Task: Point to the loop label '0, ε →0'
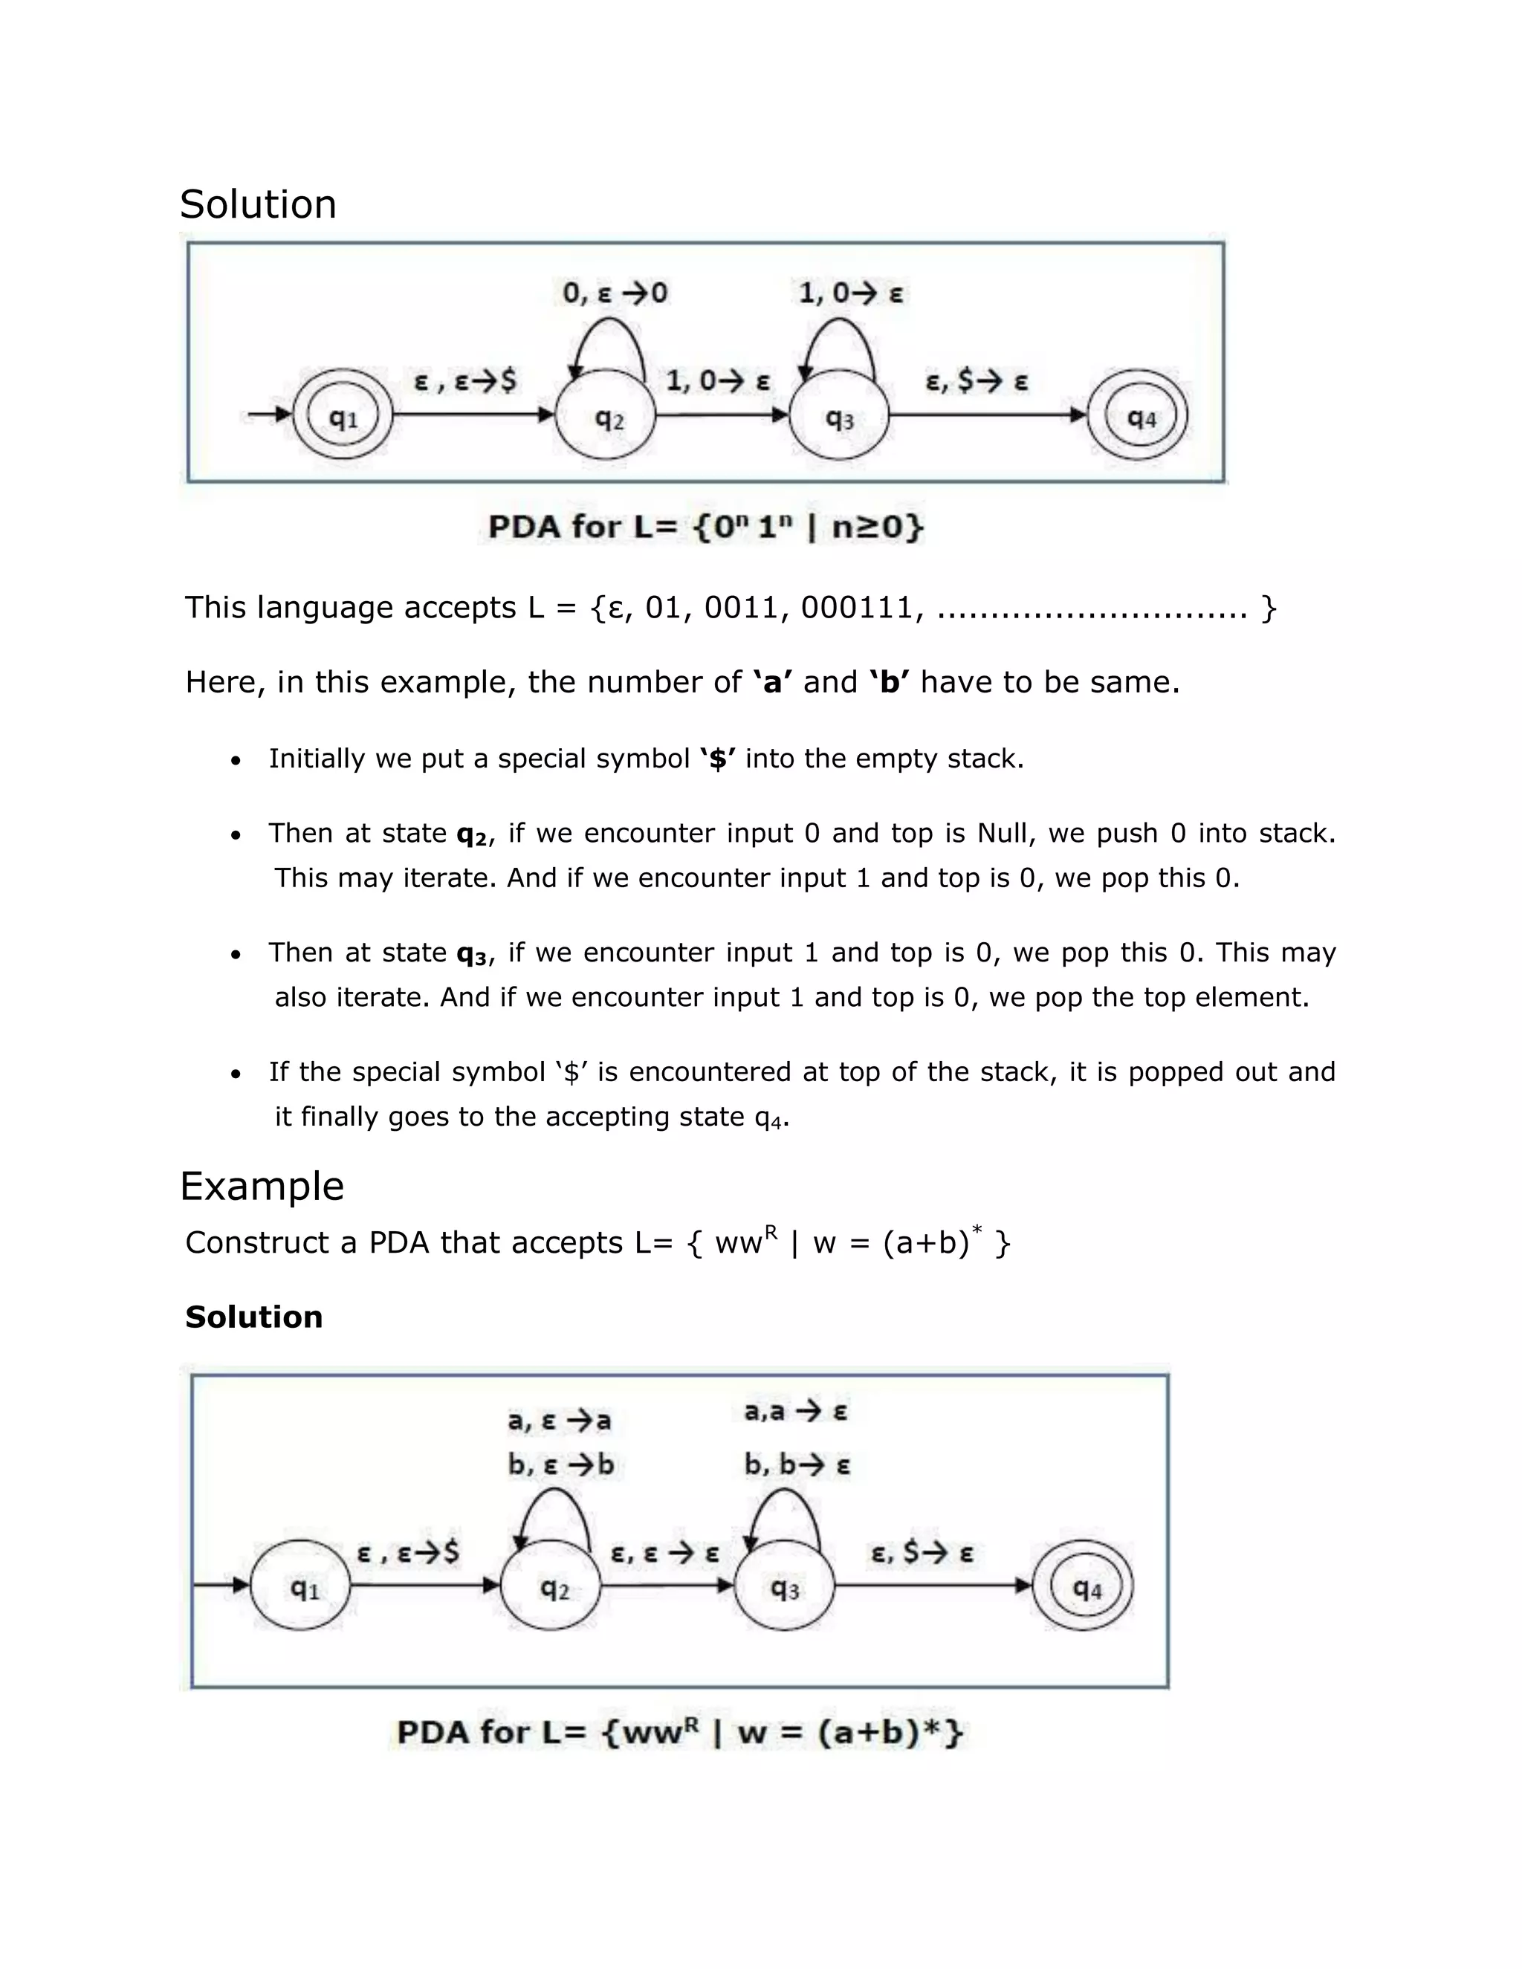point(615,293)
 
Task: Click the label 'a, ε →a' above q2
point(559,1421)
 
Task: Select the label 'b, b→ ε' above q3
point(797,1465)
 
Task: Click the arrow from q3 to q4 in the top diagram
point(988,415)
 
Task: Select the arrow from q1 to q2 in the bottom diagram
point(424,1585)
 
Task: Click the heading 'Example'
point(262,1186)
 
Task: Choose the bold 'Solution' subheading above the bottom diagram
point(253,1317)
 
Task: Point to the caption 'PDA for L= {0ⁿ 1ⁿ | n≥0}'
point(706,527)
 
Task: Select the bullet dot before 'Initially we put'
point(236,761)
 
